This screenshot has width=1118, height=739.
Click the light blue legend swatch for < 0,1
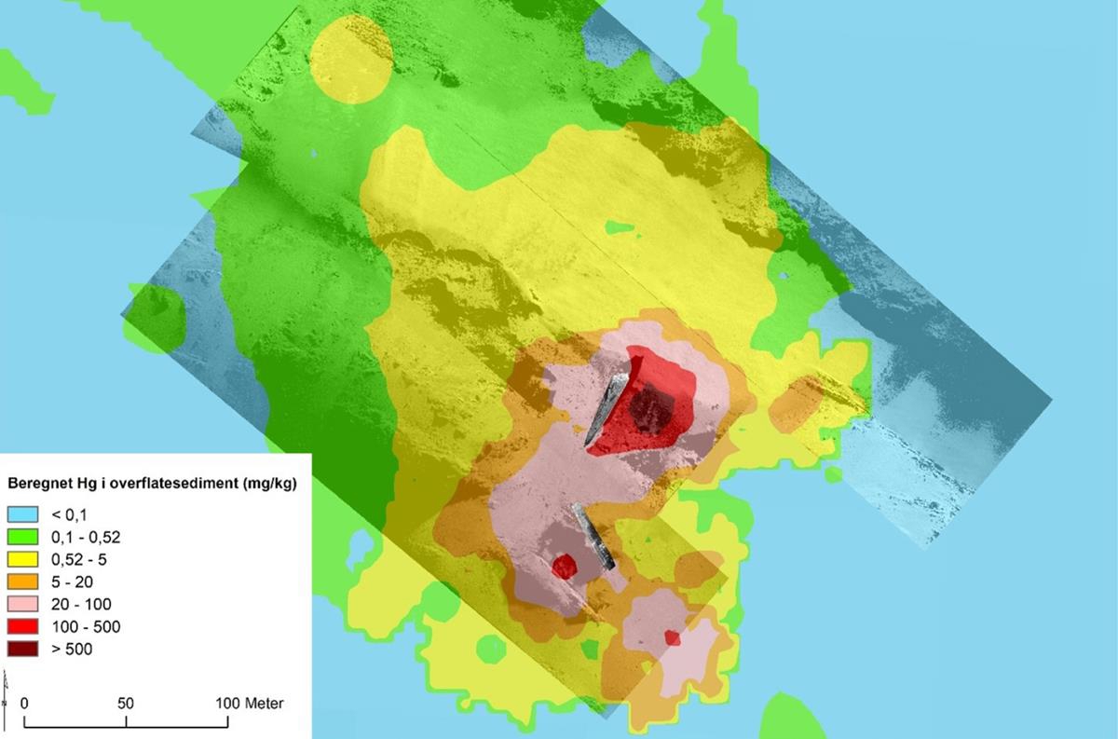23,514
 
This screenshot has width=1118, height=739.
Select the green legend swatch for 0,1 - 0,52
23,537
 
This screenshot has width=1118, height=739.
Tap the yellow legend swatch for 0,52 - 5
23,559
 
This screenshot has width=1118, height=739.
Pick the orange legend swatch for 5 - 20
23,582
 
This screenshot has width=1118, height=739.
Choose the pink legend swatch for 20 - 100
23,604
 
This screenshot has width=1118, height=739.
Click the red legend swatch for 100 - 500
23,626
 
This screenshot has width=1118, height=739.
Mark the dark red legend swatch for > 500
23,649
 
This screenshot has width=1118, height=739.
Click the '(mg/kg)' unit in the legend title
266,484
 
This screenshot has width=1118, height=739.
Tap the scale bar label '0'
24,704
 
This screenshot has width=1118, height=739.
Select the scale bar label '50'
126,704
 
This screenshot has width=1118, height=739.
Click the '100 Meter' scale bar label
250,704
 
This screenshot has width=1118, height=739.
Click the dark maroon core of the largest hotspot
652,408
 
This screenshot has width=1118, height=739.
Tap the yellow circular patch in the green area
350,61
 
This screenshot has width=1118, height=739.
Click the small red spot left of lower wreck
564,566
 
